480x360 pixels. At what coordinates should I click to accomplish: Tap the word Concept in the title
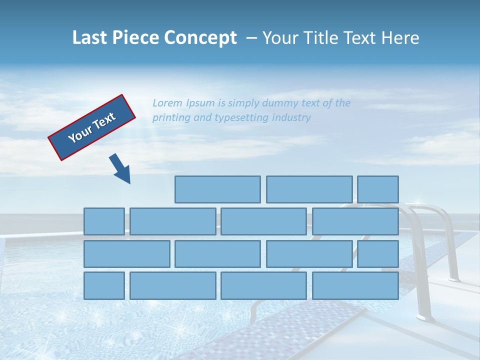coord(200,38)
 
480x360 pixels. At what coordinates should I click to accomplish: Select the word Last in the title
coord(90,38)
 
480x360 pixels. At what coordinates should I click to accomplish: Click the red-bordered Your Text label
coord(92,127)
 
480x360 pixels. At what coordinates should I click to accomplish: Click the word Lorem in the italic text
coord(167,103)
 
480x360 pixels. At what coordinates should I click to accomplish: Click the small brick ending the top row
coord(378,189)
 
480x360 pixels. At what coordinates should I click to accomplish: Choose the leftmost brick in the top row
coord(217,189)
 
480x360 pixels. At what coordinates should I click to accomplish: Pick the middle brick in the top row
coord(309,189)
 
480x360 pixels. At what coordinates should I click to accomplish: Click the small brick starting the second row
coord(104,221)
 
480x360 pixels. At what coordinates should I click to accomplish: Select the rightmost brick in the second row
coord(355,221)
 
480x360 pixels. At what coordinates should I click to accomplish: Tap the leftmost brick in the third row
coord(126,253)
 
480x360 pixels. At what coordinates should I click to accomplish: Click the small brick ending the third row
coord(378,253)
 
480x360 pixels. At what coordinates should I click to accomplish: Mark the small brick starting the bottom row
coord(104,285)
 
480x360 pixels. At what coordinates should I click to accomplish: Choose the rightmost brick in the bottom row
coord(355,285)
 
